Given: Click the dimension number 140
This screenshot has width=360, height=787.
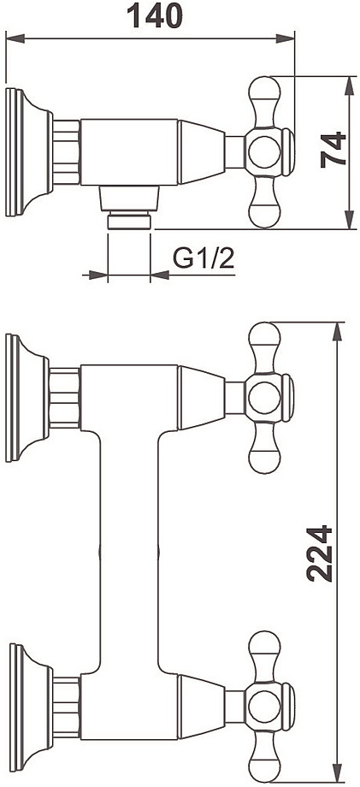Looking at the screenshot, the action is point(155,15).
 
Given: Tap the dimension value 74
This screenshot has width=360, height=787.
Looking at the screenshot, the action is point(333,149).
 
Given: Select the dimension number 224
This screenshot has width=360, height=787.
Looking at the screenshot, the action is point(320,553).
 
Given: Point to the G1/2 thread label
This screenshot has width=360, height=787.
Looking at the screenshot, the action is point(204,258).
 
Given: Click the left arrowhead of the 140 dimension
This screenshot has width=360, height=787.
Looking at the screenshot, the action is point(15,38).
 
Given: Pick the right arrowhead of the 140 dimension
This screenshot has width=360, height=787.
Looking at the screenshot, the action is point(285,38).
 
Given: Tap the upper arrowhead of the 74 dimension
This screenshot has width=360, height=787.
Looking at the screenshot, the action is point(349,86).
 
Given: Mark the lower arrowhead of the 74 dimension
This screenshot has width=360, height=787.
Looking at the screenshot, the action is point(349,220).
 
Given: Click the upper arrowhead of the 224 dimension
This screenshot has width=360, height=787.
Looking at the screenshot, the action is point(338,332).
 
